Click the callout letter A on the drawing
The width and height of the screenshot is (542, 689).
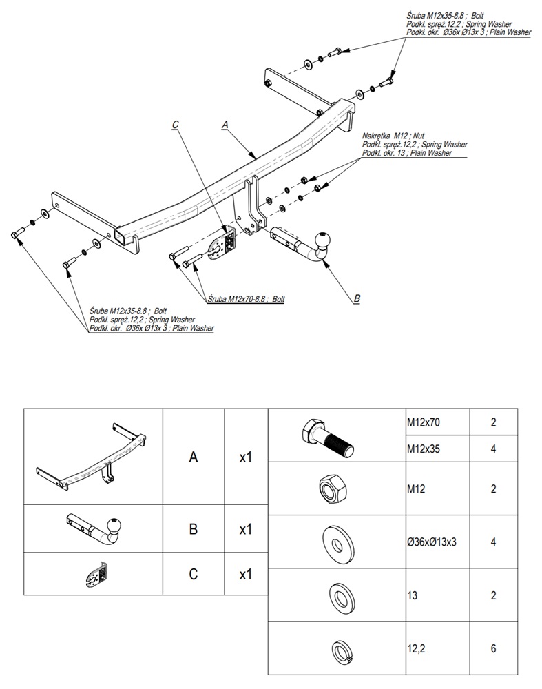(x=225, y=125)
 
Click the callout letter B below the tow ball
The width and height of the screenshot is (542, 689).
(x=357, y=298)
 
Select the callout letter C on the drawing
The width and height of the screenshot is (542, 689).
(x=176, y=125)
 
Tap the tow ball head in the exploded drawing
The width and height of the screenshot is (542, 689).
(x=323, y=241)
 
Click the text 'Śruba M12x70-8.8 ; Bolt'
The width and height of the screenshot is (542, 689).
(x=247, y=299)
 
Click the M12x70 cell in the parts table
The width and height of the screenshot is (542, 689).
(x=421, y=422)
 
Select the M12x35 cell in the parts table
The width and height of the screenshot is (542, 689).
(x=421, y=449)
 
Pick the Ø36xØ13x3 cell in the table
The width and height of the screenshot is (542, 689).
(x=432, y=542)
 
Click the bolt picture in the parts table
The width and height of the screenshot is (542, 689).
(x=327, y=435)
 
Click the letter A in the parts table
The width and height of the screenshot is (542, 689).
(x=194, y=457)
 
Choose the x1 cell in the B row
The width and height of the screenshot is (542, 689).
(x=245, y=529)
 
